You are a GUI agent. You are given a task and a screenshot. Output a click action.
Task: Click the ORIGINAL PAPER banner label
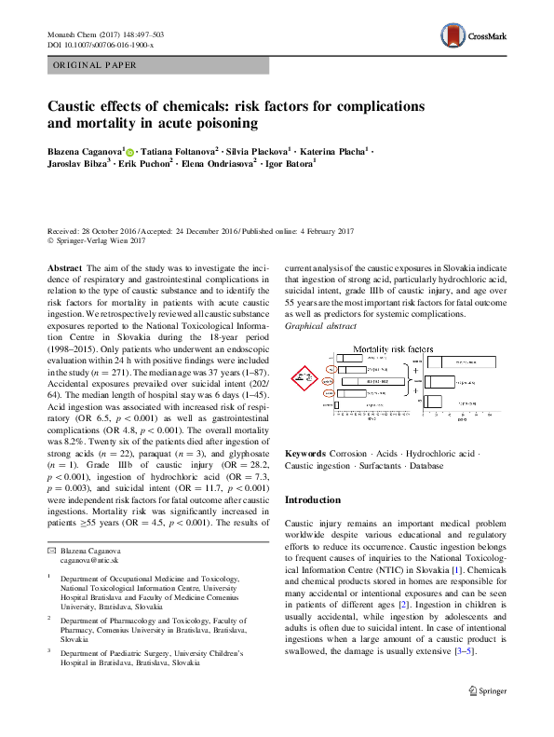[x=96, y=65]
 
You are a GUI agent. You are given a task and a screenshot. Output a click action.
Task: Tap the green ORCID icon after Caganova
[x=129, y=151]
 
